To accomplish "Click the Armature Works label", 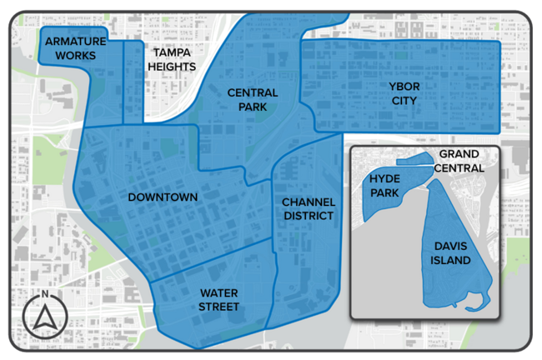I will pos(75,48).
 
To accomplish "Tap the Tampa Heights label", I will pos(171,59).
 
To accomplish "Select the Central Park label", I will pos(252,101).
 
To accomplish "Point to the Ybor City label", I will pos(402,93).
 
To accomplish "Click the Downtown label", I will pos(163,197).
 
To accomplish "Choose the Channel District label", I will pos(308,209).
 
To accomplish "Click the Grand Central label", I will pos(459,162).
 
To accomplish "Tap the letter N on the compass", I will pos(43,294).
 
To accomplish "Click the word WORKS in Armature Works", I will pos(75,56).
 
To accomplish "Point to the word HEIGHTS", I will pos(171,67).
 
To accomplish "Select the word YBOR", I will pos(402,87).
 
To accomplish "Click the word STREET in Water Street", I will pos(218,307).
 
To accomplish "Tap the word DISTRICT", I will pos(308,217).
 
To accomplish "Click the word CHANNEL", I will pos(308,202).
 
